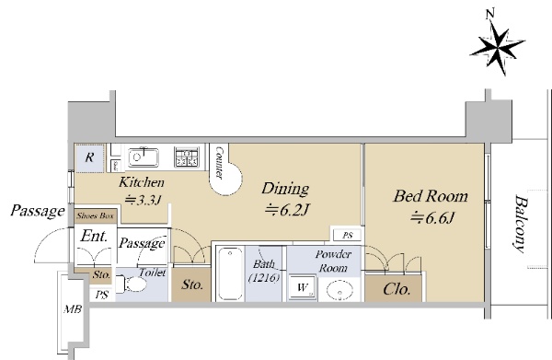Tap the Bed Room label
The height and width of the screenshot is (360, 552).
click(431, 196)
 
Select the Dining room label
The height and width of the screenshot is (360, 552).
click(285, 189)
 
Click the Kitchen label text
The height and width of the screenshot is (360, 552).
click(142, 182)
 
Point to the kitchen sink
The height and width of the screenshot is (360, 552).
click(143, 157)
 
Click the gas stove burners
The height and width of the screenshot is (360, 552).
click(186, 157)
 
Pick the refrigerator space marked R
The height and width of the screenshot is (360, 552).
click(89, 157)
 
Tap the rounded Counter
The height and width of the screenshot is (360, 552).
click(224, 169)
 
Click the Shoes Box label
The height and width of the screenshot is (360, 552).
click(96, 216)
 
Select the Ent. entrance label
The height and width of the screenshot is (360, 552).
click(94, 236)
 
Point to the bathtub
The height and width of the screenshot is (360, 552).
click(230, 273)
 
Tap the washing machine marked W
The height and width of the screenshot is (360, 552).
click(302, 288)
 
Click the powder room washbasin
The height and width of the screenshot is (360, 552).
click(339, 291)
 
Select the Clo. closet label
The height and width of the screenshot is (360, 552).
click(397, 289)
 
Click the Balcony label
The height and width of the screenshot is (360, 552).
click(521, 225)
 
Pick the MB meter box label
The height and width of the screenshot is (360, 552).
click(73, 309)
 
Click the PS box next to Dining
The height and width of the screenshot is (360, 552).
click(347, 235)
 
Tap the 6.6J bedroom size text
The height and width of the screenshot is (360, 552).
click(432, 217)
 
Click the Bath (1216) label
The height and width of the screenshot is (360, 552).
click(264, 271)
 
